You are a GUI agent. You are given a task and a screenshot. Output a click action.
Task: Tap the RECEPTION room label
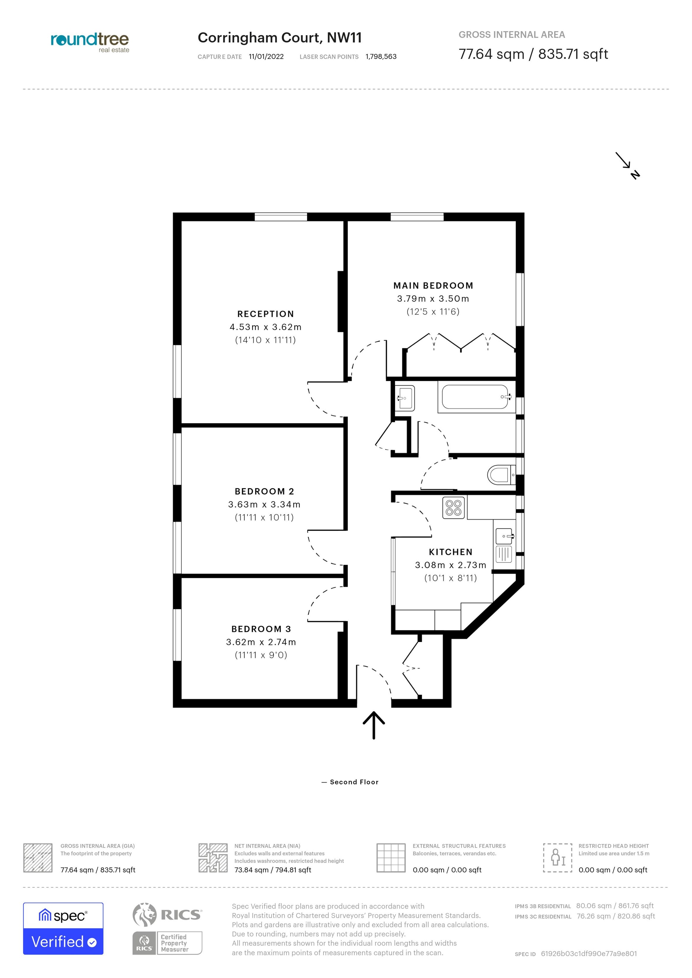(x=266, y=314)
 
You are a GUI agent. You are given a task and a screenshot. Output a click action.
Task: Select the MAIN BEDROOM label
(x=433, y=285)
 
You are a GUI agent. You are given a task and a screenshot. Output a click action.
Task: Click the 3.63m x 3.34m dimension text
(x=264, y=504)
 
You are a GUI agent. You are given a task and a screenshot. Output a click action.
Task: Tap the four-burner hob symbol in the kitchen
(x=453, y=508)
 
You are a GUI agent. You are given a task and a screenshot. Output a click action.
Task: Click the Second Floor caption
(x=354, y=782)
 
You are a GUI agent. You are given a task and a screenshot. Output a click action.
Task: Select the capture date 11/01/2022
(x=266, y=57)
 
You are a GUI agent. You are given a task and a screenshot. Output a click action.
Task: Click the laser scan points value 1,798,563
(x=381, y=57)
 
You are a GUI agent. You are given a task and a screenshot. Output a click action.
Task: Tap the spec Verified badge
(x=63, y=929)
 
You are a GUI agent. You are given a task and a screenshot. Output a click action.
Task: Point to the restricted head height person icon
(x=557, y=858)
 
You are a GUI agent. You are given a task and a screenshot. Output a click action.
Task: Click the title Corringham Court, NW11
(x=280, y=38)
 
